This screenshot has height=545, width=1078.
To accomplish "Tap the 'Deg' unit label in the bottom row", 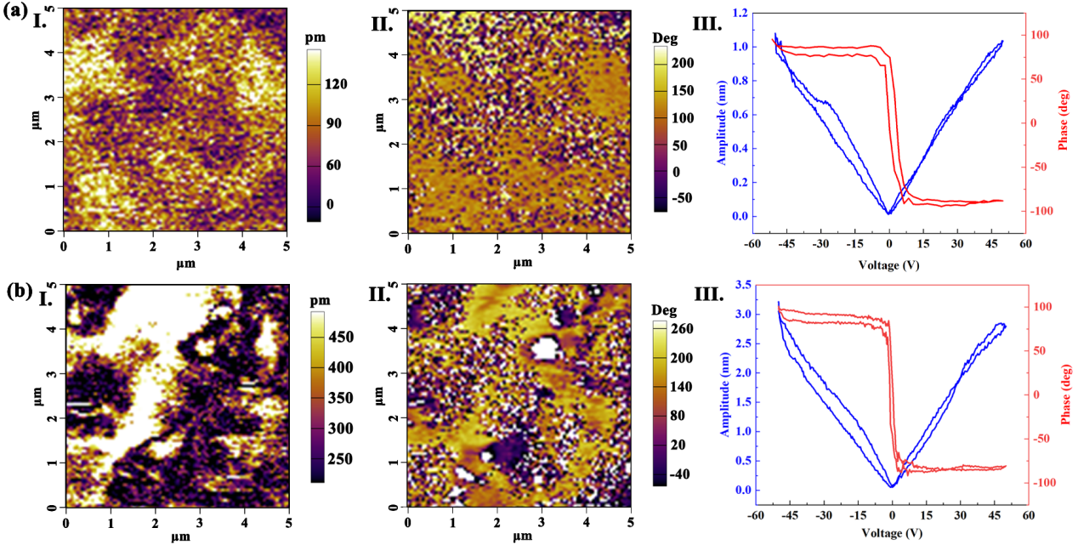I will click(x=665, y=304).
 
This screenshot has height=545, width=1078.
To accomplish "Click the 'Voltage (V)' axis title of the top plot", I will click(x=888, y=264).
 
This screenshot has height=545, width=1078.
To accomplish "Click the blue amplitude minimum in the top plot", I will click(x=888, y=213).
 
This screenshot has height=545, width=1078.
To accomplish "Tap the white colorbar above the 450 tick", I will click(x=317, y=321).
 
